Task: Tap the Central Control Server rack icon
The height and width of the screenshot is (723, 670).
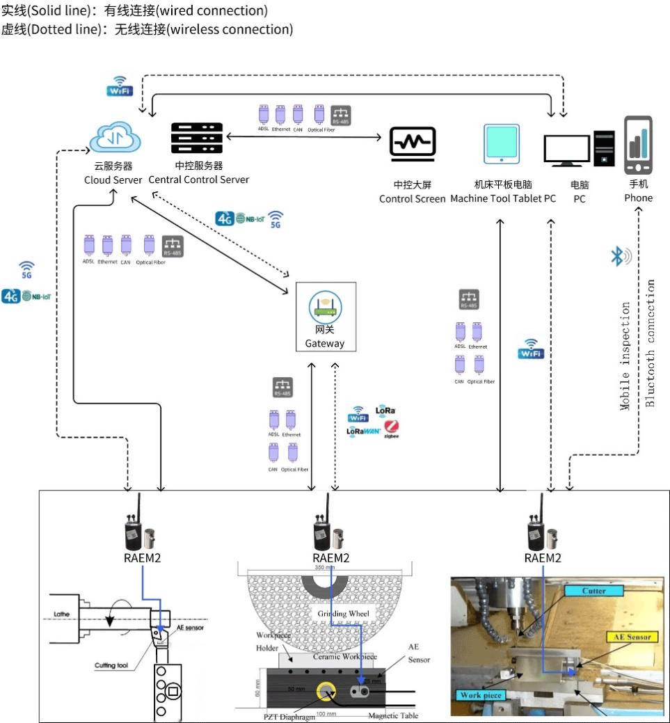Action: pos(197,139)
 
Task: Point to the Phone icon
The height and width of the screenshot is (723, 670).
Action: pos(639,147)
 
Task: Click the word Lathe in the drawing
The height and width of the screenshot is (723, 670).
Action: pos(63,614)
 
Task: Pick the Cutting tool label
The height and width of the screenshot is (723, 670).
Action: pos(111,665)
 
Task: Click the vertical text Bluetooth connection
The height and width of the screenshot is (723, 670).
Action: pos(651,343)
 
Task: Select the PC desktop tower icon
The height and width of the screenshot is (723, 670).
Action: pos(604,147)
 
